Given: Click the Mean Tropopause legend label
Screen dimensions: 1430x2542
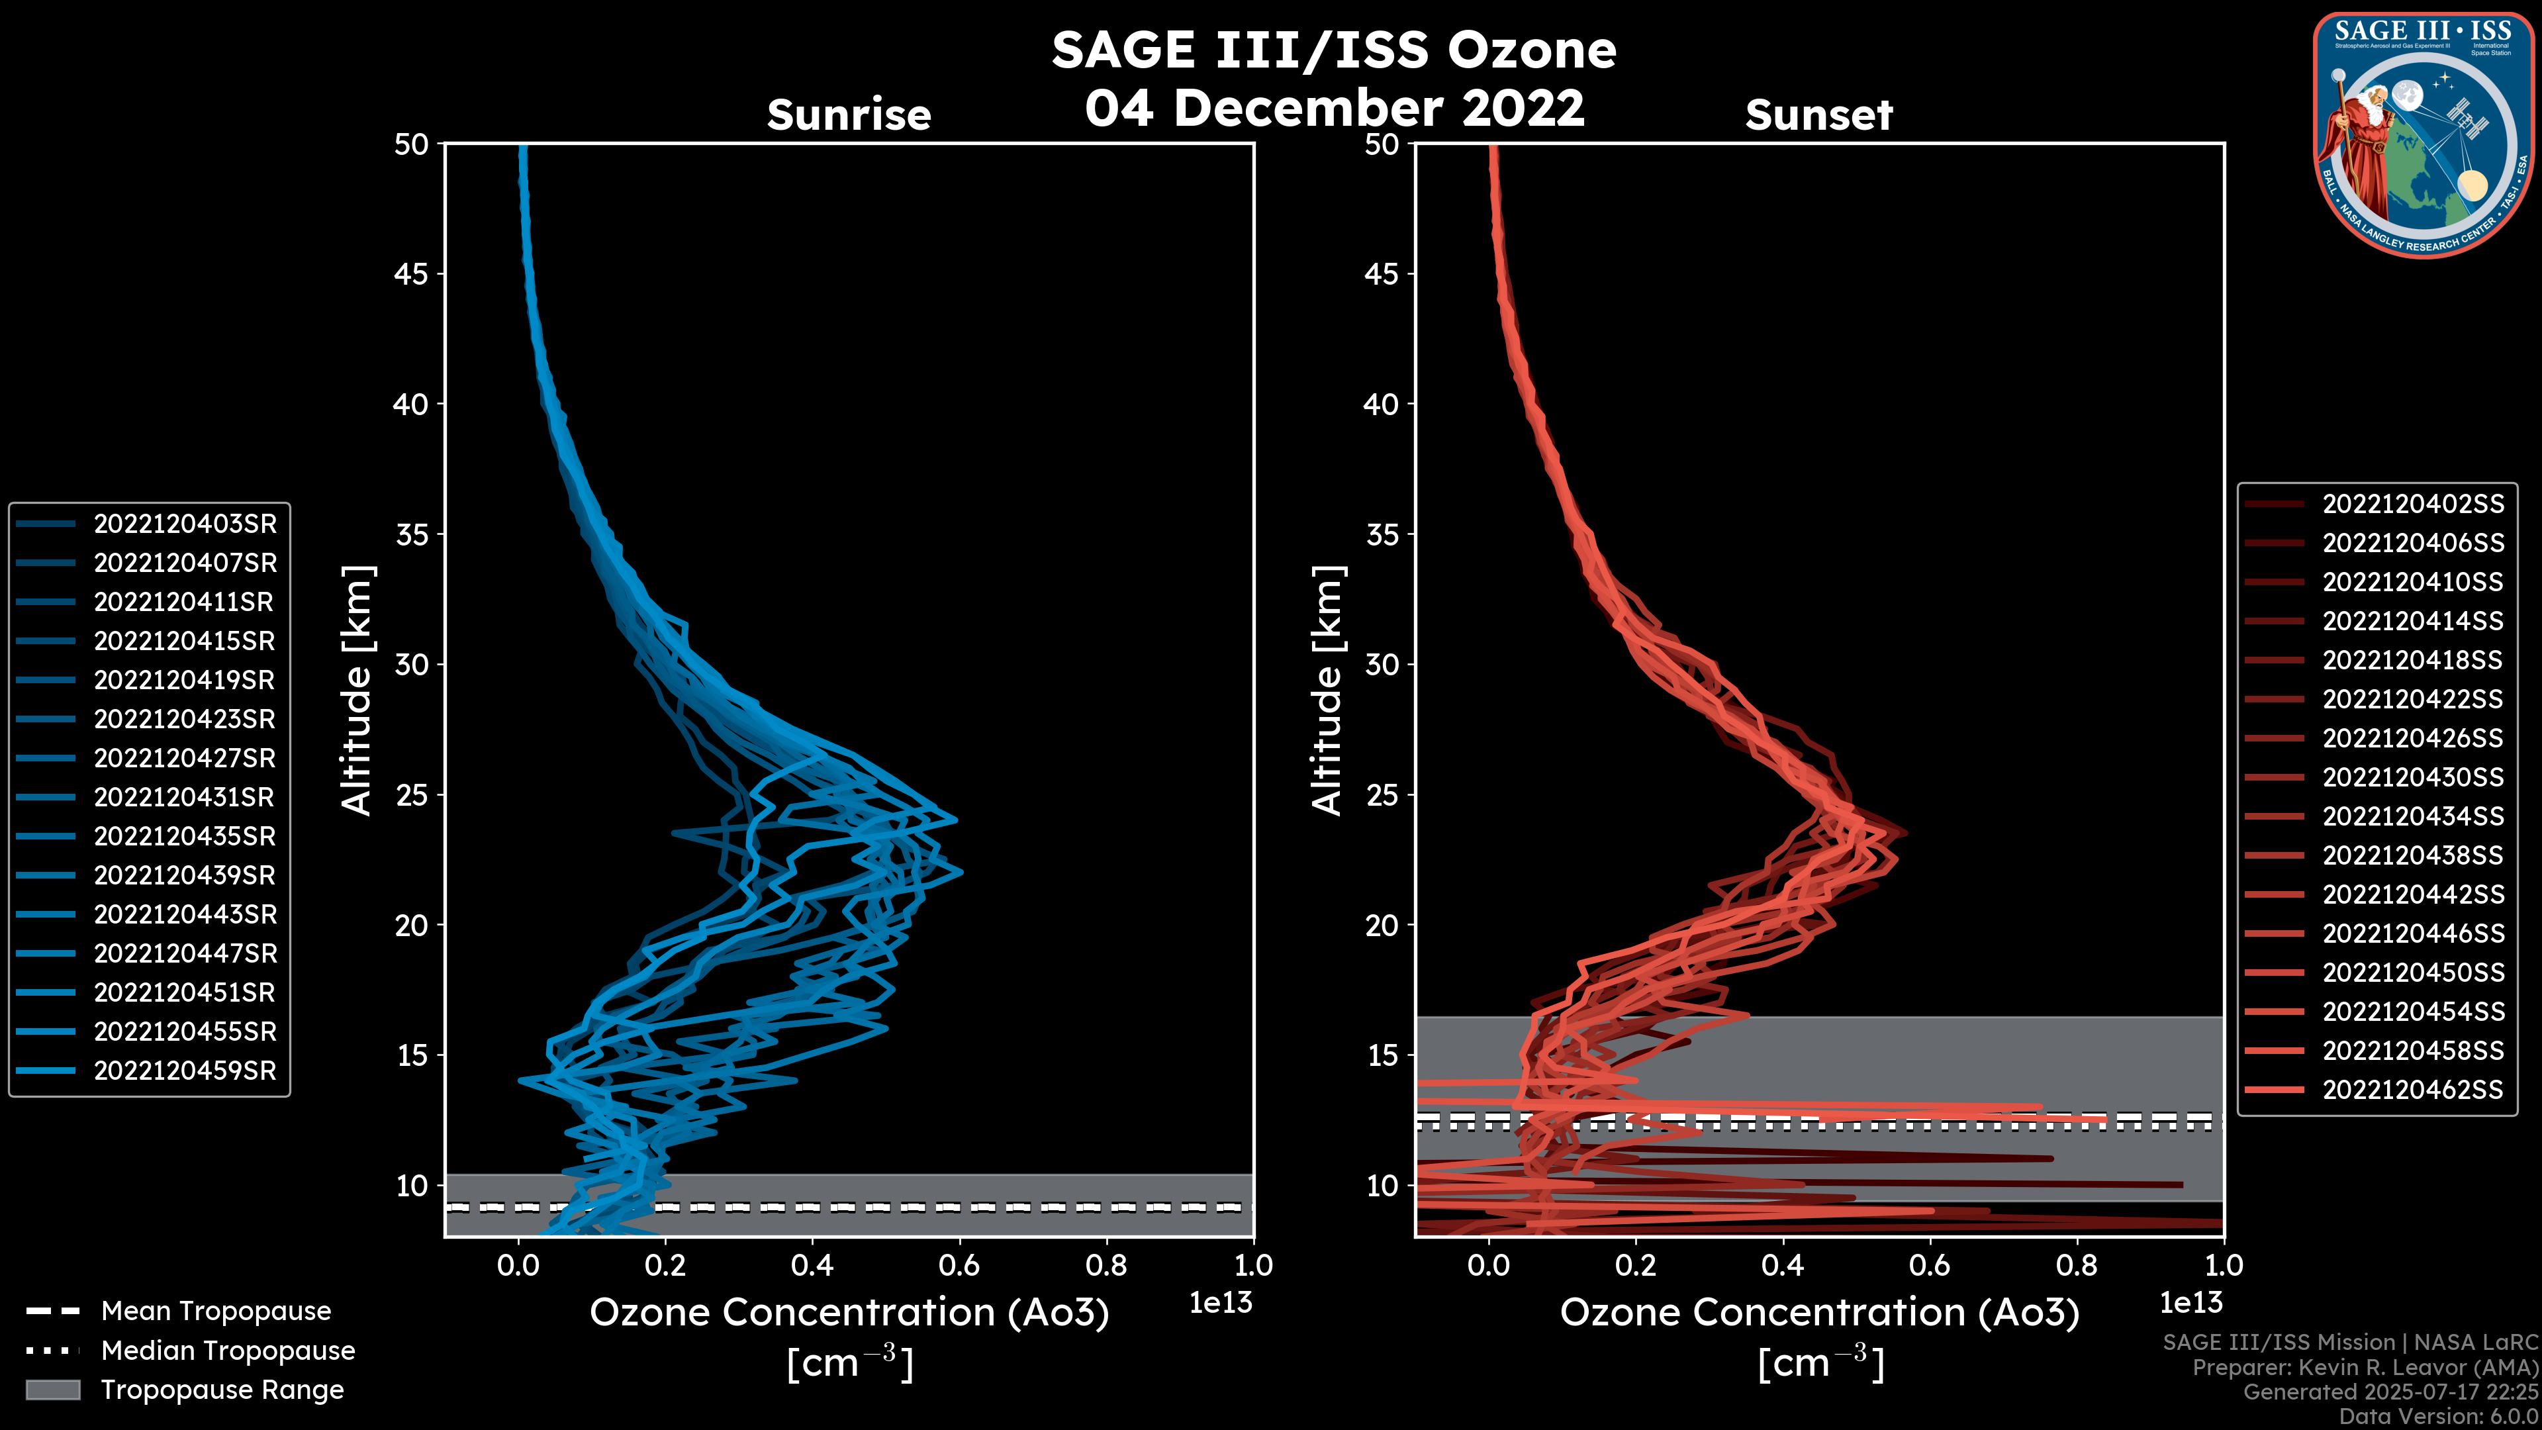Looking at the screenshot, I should point(216,1311).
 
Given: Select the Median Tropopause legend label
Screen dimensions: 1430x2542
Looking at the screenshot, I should point(228,1350).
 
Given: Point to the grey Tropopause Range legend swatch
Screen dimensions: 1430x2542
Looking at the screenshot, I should point(52,1390).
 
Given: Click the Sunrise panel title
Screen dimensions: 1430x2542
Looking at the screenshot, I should point(849,115).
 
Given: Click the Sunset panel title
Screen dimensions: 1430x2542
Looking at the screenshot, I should point(1818,115).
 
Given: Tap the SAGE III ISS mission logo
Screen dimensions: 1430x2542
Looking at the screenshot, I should point(2424,134).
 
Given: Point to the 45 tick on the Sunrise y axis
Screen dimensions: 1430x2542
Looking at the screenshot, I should point(412,274).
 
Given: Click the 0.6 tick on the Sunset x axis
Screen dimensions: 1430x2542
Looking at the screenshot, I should point(1929,1265).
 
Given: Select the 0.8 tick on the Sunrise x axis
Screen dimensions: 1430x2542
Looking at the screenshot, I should point(1106,1265).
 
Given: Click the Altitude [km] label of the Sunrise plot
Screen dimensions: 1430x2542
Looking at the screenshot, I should point(357,690).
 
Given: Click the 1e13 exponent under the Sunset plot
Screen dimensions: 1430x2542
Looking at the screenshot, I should point(2190,1303).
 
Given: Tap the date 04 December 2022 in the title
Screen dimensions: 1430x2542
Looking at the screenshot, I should point(1334,107).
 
